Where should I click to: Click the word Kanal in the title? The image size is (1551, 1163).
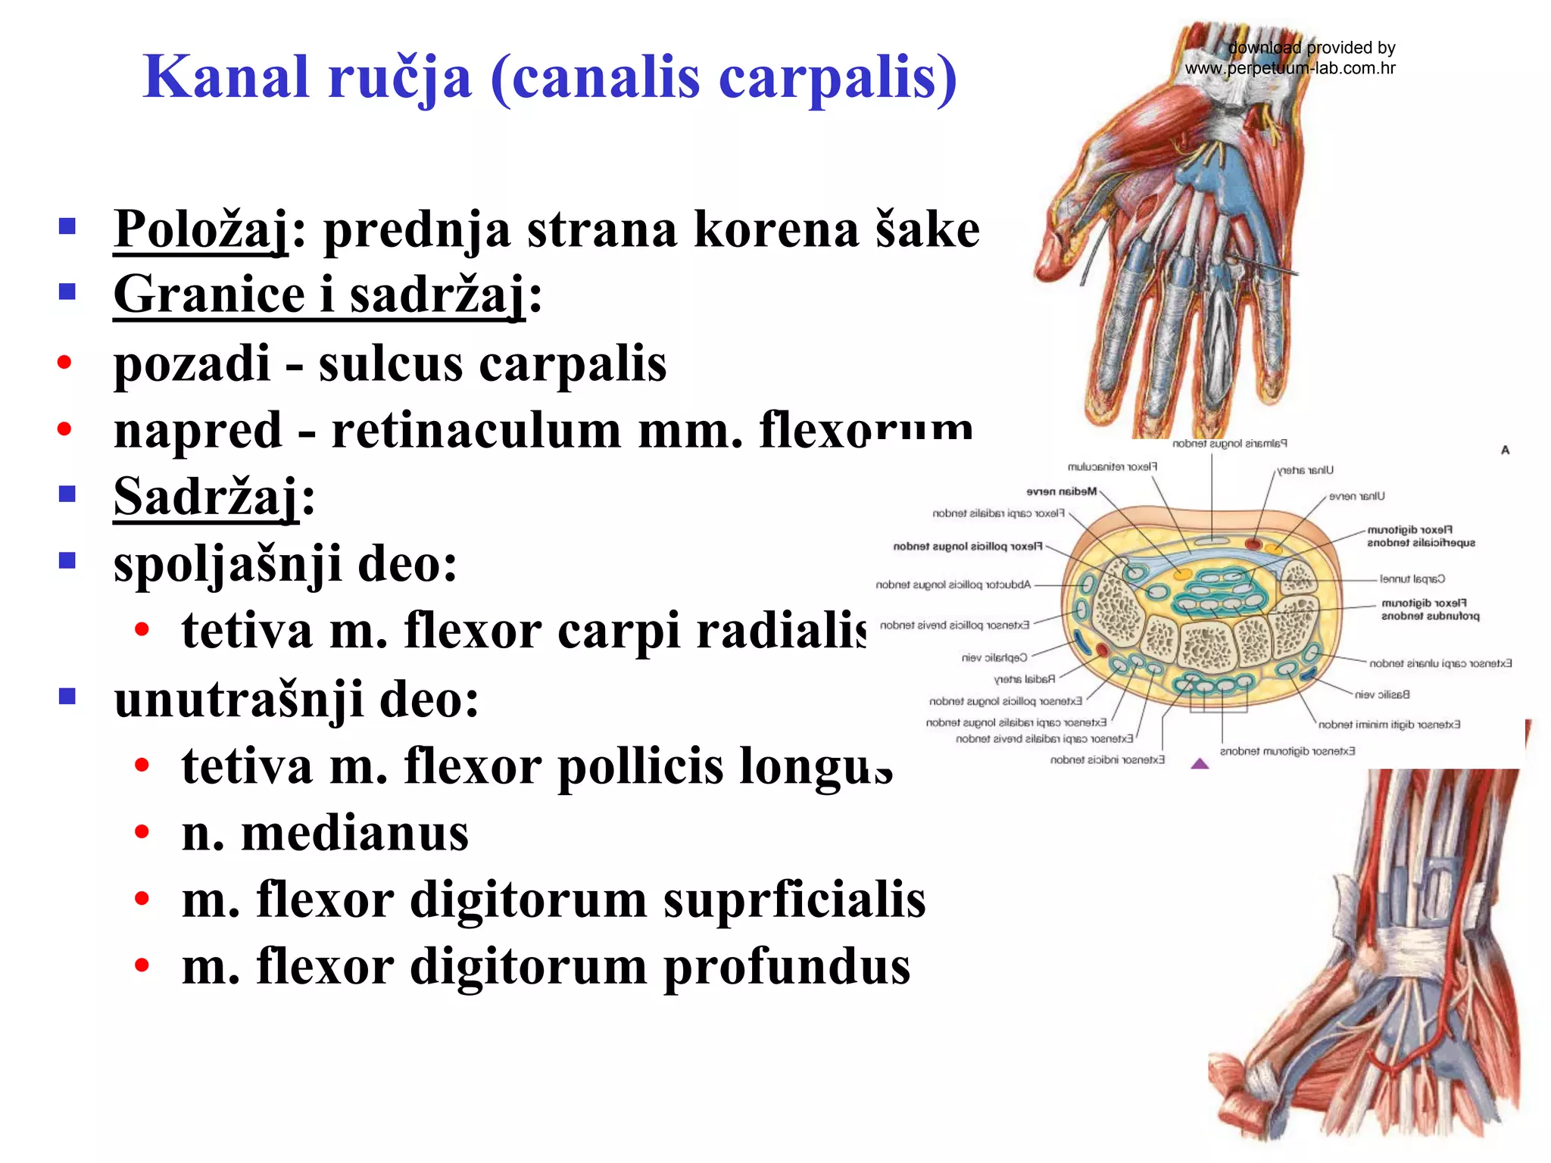click(226, 78)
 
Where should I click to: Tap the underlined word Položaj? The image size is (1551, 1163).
click(201, 229)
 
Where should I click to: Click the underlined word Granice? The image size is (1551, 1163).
click(209, 295)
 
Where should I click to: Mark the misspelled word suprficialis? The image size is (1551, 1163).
click(794, 900)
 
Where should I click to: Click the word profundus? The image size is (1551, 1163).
click(787, 967)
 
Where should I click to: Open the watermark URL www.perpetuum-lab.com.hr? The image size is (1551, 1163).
click(1290, 68)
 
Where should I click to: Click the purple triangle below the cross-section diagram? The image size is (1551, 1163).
click(1200, 763)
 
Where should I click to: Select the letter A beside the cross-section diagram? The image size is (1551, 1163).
click(1505, 450)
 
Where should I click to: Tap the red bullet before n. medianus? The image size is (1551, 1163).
click(142, 833)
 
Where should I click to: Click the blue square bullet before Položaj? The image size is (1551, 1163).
click(67, 226)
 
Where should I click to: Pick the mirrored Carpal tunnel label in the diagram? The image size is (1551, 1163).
click(1412, 579)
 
